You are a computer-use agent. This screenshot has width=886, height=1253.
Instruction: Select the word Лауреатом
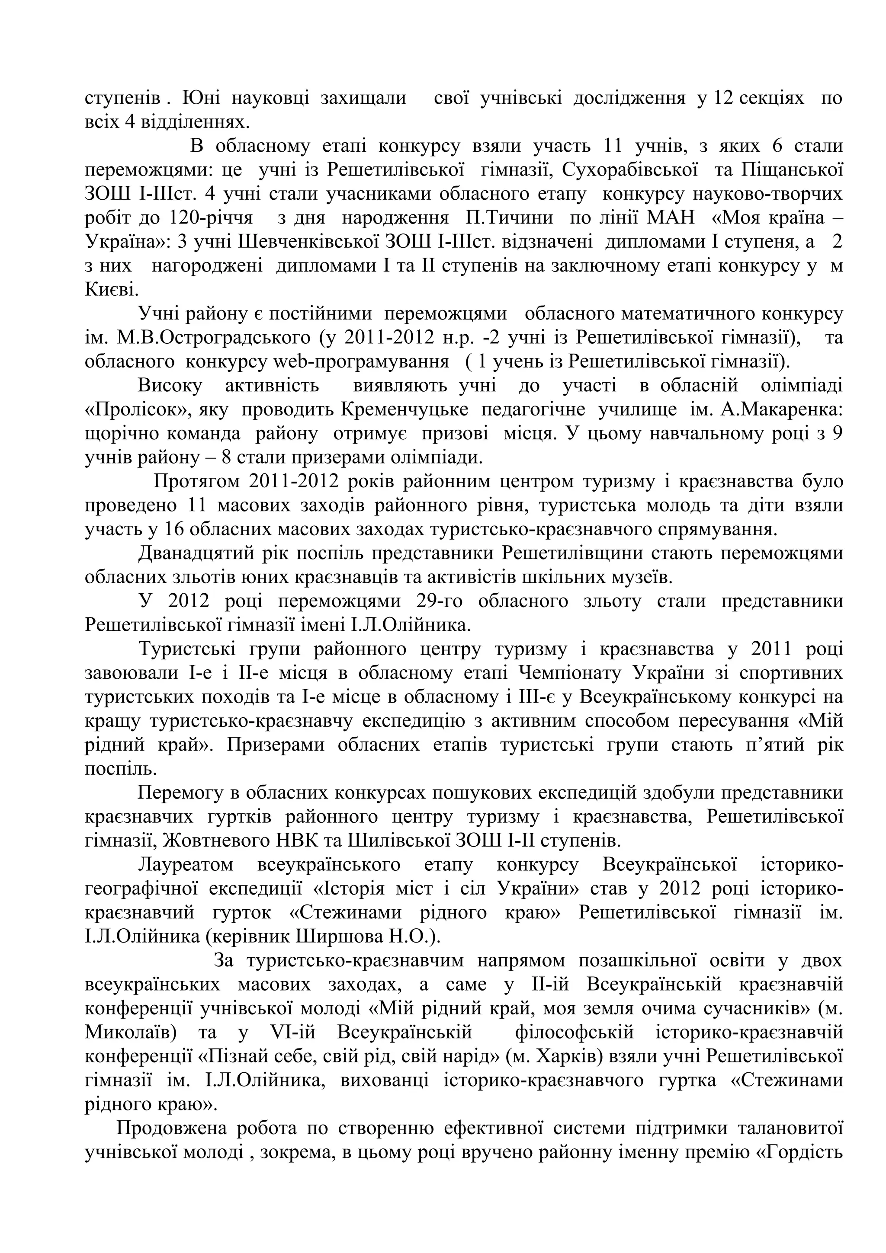[186, 865]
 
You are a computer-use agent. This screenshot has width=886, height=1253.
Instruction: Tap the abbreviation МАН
[671, 218]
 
